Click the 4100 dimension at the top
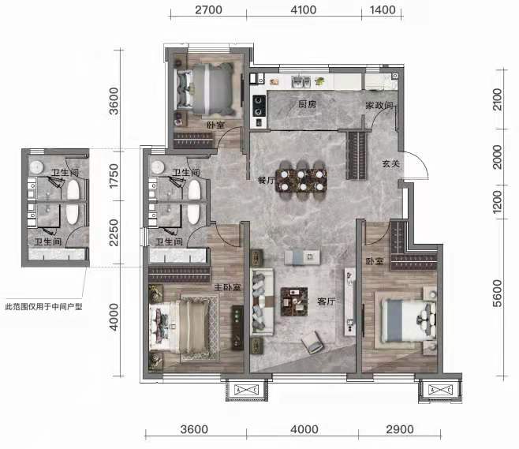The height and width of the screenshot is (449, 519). [303, 10]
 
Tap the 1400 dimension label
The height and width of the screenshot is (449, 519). [383, 10]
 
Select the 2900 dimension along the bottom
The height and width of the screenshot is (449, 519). [400, 429]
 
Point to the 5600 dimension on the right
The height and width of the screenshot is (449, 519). [497, 294]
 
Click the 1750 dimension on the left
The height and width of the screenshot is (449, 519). [114, 176]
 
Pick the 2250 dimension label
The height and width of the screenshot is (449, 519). [114, 233]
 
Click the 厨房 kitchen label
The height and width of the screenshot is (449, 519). [307, 104]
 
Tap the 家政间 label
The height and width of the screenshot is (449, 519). [379, 105]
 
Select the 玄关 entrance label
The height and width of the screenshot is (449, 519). [391, 163]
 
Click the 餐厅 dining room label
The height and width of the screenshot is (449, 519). [266, 181]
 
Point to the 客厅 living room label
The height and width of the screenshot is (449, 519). [326, 301]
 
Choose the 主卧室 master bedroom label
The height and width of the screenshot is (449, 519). [227, 287]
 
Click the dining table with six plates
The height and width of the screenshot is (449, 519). [301, 181]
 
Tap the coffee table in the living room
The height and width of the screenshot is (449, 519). [294, 301]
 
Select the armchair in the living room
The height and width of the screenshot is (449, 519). [312, 342]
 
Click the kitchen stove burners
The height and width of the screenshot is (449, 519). [259, 105]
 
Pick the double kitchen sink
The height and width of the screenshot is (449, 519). [301, 82]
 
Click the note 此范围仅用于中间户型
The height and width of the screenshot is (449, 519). [43, 307]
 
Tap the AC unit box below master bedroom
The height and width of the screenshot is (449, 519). [246, 390]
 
